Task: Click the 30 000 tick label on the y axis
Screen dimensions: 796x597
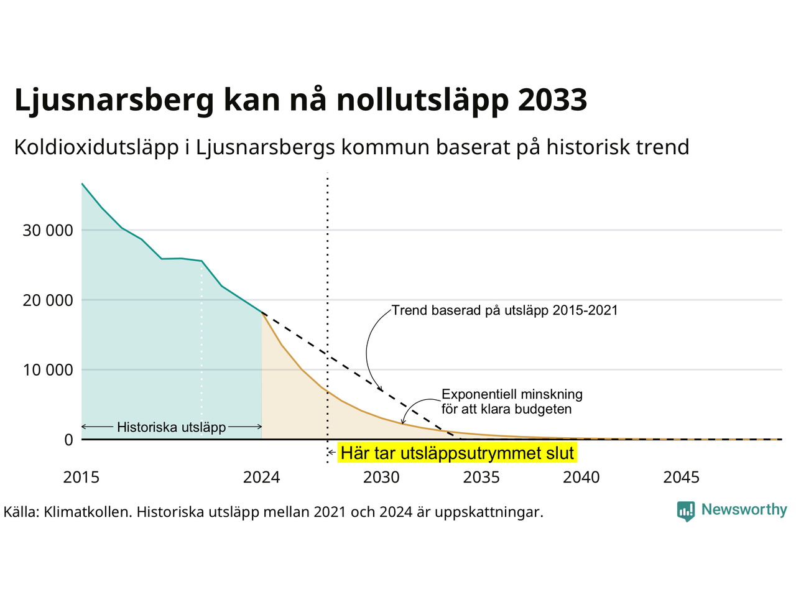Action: click(x=47, y=231)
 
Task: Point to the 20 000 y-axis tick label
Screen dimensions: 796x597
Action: click(x=47, y=300)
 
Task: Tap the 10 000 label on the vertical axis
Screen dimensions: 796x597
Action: click(x=48, y=370)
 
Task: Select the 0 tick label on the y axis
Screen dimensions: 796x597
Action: click(x=68, y=440)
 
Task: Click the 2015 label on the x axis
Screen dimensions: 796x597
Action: click(x=81, y=478)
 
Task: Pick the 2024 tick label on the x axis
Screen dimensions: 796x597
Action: click(x=261, y=478)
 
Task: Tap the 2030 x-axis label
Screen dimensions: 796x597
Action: click(x=381, y=478)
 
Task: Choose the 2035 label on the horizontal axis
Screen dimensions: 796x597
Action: click(x=481, y=478)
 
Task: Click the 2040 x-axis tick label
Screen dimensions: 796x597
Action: click(x=581, y=478)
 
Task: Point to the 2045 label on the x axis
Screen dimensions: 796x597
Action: click(x=682, y=478)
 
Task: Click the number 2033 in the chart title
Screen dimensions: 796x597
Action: click(x=552, y=100)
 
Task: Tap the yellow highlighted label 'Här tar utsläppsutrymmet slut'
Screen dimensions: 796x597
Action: click(x=457, y=453)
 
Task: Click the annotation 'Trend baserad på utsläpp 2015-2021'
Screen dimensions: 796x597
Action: click(x=504, y=310)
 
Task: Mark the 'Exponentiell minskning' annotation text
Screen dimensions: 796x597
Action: click(x=512, y=394)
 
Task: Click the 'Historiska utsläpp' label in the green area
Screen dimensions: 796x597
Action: click(x=172, y=427)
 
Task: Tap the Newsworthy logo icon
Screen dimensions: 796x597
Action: click(x=686, y=511)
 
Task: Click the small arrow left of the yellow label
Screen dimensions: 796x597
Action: click(x=332, y=452)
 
